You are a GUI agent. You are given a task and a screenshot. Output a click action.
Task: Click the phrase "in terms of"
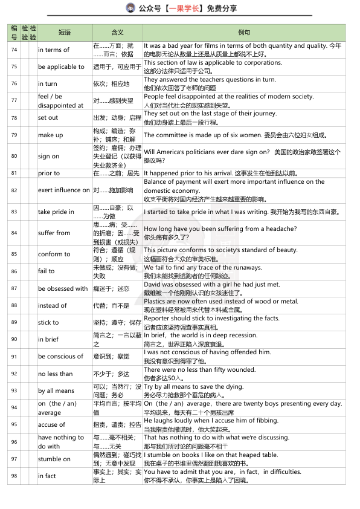(x=54, y=50)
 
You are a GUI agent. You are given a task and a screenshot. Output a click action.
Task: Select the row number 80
(x=14, y=156)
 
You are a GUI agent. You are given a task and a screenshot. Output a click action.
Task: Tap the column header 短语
(x=64, y=33)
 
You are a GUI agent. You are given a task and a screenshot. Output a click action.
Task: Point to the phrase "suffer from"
(x=54, y=233)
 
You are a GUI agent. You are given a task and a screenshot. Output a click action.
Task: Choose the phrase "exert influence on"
(x=63, y=190)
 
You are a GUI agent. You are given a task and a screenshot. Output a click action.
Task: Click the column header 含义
(x=117, y=33)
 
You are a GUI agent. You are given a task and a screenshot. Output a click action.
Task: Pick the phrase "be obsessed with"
(x=63, y=288)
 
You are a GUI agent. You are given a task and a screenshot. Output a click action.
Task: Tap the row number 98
(x=14, y=476)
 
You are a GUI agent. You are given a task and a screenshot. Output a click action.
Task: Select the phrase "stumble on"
(x=54, y=459)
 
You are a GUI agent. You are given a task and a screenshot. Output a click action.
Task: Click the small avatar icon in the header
(x=130, y=8)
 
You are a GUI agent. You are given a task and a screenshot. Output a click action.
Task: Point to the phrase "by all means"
(x=56, y=391)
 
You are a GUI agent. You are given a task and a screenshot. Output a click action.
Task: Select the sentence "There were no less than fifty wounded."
(x=199, y=369)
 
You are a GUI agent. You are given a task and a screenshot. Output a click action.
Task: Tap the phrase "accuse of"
(x=52, y=424)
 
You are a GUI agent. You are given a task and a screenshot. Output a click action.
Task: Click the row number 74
(x=14, y=50)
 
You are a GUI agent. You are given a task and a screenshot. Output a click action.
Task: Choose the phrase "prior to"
(x=49, y=173)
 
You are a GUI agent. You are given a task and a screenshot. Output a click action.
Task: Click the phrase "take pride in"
(x=56, y=212)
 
